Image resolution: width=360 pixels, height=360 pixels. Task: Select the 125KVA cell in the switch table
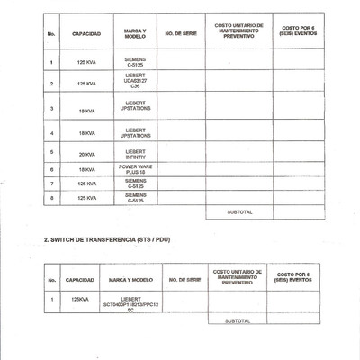tap(79, 298)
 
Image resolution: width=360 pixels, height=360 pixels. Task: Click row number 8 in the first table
tap(53, 197)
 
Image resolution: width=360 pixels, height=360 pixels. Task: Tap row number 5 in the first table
tap(53, 153)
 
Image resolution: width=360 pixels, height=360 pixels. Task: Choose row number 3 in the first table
tap(53, 109)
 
